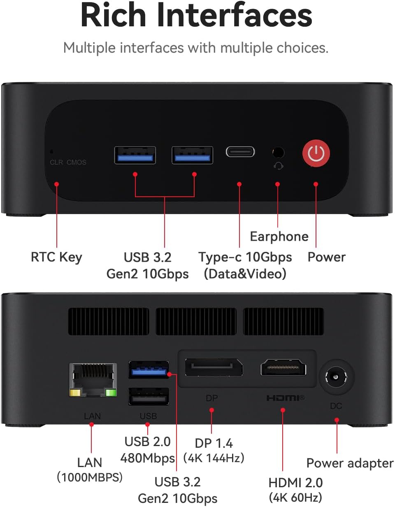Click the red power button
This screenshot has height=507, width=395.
pos(316,153)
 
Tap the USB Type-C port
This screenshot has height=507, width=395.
pos(240,152)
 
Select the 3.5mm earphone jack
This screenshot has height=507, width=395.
pos(278,152)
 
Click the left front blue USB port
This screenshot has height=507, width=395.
pos(135,155)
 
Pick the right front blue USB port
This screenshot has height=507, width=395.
pos(192,155)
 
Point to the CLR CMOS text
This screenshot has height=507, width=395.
pos(68,162)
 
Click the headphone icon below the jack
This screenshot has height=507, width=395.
pos(279,166)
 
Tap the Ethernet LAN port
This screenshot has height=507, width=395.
pos(93,379)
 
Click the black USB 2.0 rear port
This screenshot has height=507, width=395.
pos(149,396)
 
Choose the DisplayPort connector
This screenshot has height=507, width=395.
pos(214,367)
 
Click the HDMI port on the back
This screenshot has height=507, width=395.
pos(283,367)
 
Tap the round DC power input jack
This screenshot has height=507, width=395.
pos(336,377)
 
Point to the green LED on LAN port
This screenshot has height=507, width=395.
pos(111,393)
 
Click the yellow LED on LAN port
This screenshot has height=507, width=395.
pos(75,393)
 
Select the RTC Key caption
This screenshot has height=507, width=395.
pos(56,258)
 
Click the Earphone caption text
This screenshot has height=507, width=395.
pos(279,237)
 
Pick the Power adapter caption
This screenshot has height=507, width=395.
pos(350,463)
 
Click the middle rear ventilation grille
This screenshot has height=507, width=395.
pos(196,321)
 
